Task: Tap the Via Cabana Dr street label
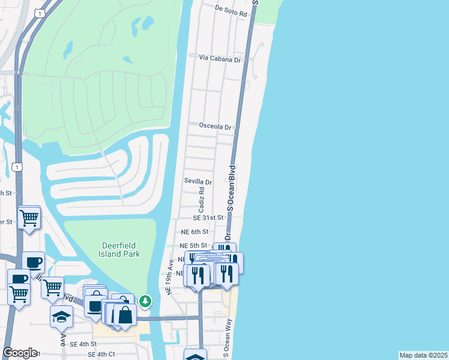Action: click(220, 59)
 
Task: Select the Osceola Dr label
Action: click(215, 127)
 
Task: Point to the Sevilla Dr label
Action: click(198, 182)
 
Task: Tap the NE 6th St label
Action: click(194, 232)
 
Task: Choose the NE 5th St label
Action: click(193, 246)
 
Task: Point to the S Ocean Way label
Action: click(228, 338)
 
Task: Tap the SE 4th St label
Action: click(83, 344)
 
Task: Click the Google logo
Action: click(20, 353)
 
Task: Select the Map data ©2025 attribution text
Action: click(423, 355)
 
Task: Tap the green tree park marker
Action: click(145, 301)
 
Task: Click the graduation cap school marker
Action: click(61, 316)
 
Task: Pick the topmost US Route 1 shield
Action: click(40, 13)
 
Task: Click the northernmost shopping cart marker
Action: click(29, 218)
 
